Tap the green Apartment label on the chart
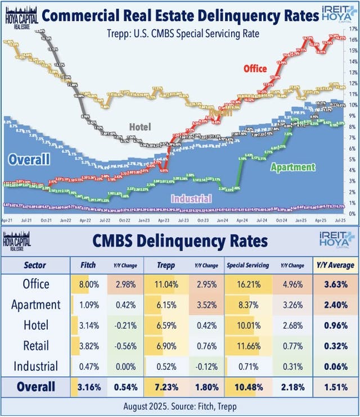[292, 167]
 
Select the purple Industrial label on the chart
[191, 198]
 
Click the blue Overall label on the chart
[29, 160]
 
